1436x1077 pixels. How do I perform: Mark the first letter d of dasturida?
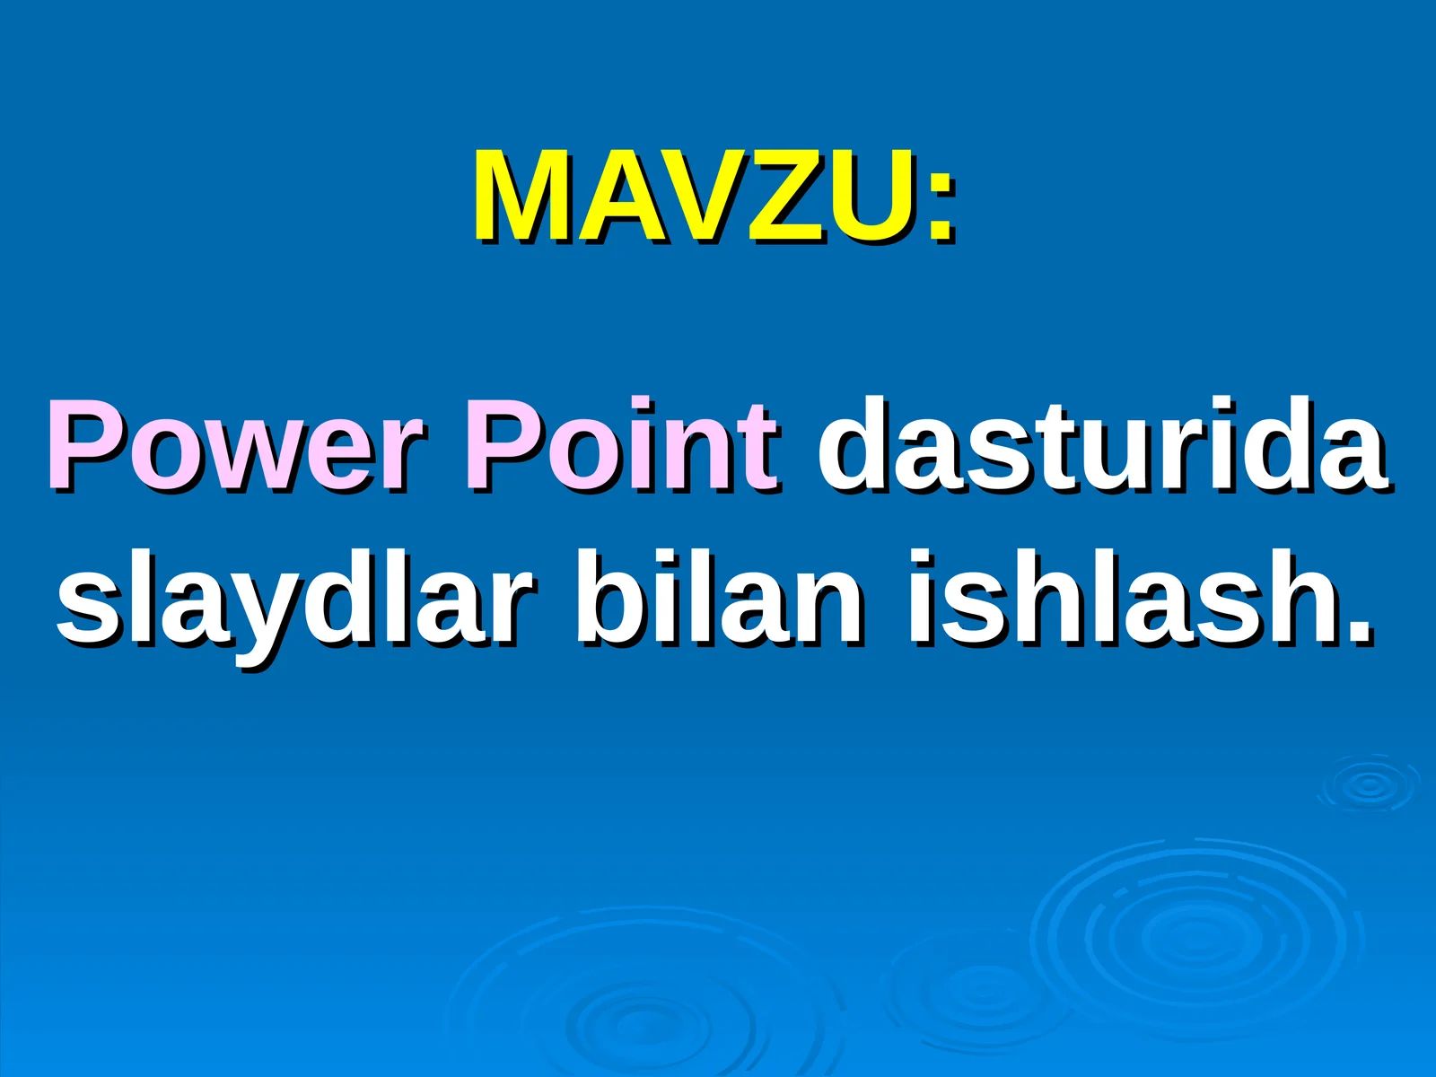coord(853,445)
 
